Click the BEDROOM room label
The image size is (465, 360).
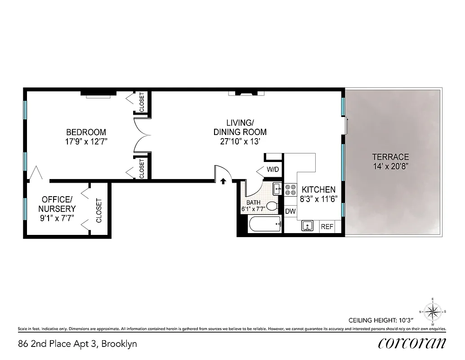86,132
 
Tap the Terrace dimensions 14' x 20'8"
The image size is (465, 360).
390,166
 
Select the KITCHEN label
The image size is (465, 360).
318,189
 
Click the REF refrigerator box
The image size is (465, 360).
327,227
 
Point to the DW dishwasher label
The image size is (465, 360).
290,211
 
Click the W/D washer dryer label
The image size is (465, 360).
273,170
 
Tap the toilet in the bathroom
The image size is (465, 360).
272,207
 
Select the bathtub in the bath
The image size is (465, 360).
265,224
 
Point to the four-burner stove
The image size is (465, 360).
290,189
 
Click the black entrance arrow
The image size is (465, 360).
223,181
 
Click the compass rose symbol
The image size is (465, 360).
433,311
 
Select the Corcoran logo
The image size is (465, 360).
412,344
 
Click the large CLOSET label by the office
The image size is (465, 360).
99,211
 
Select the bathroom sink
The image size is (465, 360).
277,188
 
